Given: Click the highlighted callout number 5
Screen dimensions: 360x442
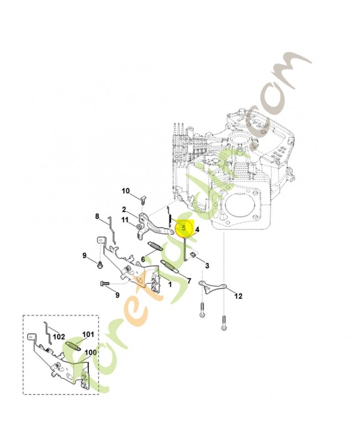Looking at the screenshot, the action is tap(184, 228).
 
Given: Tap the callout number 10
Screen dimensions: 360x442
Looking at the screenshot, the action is tap(126, 191).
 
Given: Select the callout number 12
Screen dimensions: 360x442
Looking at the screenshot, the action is tap(239, 296).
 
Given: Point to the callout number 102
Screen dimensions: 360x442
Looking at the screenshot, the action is tap(59, 336).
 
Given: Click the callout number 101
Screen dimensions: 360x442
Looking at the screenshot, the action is tap(88, 334).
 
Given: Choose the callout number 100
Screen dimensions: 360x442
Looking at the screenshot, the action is tap(91, 352).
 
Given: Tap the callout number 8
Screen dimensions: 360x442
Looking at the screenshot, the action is tap(97, 216).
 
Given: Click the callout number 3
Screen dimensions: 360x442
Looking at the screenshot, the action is tap(207, 266).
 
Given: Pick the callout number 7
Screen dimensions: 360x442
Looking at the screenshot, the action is tap(189, 281).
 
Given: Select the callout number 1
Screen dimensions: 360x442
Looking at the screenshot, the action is tap(170, 285).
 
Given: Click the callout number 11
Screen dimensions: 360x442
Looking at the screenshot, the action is tap(125, 219).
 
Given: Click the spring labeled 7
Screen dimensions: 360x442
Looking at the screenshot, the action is tap(169, 267).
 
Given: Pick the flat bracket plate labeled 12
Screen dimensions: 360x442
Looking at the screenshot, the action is tap(213, 286).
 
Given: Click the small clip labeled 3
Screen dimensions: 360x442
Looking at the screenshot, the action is tap(193, 255).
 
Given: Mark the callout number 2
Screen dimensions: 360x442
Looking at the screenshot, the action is tap(124, 209).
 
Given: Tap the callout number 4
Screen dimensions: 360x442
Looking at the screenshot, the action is tap(197, 230).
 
